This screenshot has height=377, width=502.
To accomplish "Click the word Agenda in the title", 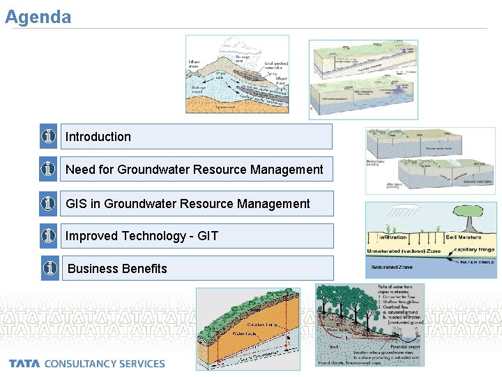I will pos(38,17).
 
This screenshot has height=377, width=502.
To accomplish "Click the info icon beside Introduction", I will pos(48,137).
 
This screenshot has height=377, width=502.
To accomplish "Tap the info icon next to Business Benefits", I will pos(50,268).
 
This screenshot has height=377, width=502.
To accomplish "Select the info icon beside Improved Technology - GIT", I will pos(48,236).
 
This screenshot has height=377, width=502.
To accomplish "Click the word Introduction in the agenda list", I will pos(98,137).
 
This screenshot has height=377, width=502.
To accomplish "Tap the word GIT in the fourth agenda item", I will pos(208,236).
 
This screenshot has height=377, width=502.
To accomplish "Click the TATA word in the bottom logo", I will pos(25,364).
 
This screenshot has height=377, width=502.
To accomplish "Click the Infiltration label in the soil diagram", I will pos(391,237).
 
